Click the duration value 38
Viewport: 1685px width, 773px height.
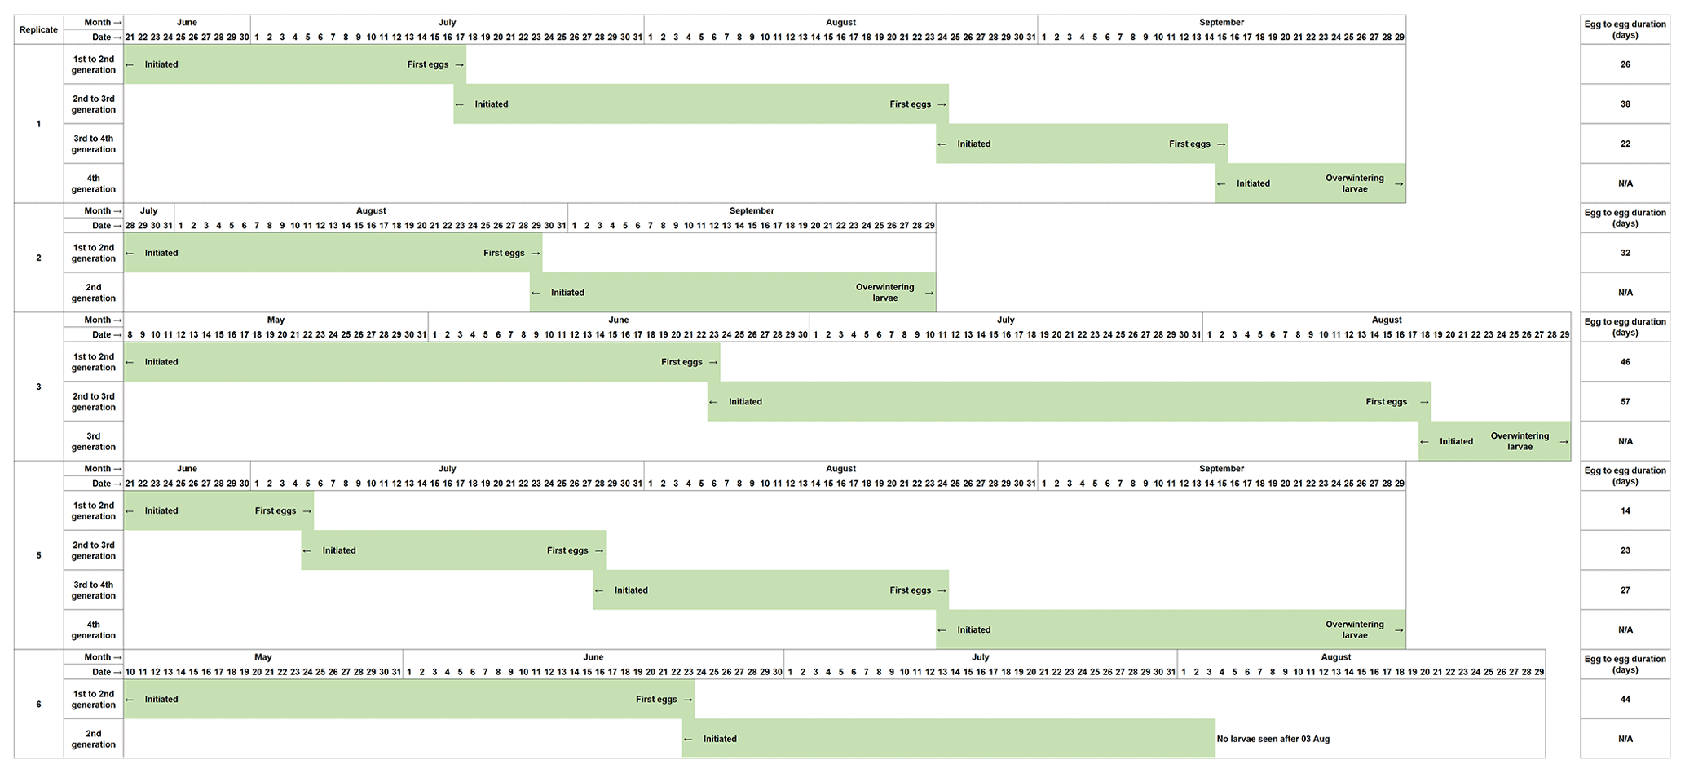tap(1625, 104)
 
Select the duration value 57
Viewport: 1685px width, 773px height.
tap(1625, 402)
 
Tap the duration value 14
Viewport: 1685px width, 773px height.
tap(1625, 511)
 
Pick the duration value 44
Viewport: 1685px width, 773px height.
tap(1625, 700)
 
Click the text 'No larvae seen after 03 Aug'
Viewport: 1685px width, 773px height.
tap(1273, 740)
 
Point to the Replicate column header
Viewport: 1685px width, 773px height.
tap(38, 30)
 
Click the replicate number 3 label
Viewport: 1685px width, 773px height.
tap(38, 386)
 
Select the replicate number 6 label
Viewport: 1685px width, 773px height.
tap(38, 705)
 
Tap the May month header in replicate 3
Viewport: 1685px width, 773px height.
tap(276, 320)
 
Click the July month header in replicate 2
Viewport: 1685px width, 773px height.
tap(148, 211)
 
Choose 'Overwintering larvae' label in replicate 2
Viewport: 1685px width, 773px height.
tap(884, 293)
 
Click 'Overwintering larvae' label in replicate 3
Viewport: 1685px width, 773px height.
tap(1520, 441)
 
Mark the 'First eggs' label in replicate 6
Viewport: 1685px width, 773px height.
tap(656, 700)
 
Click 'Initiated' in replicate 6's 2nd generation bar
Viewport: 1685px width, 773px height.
tap(720, 740)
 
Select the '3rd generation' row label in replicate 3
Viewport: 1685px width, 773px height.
tap(94, 441)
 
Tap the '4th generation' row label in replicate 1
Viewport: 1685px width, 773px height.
tap(94, 183)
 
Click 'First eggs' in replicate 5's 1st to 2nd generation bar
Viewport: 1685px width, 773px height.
tap(276, 511)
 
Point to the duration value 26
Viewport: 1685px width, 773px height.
tap(1625, 64)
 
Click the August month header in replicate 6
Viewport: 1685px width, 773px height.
tap(1335, 657)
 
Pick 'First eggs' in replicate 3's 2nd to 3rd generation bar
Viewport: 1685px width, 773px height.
tap(1386, 402)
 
